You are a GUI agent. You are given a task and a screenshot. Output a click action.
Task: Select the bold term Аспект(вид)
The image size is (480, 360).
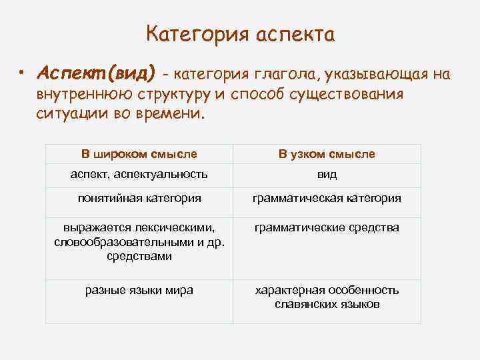click(x=97, y=71)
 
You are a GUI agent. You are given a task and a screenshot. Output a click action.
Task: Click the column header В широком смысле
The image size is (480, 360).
click(x=139, y=154)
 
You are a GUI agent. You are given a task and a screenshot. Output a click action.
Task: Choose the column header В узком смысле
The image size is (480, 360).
click(x=327, y=154)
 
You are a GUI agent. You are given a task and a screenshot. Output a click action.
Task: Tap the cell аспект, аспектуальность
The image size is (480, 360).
click(x=139, y=175)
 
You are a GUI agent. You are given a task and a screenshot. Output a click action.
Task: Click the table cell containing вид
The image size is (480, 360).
click(x=327, y=175)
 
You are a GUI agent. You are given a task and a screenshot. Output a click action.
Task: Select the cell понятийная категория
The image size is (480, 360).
click(x=139, y=198)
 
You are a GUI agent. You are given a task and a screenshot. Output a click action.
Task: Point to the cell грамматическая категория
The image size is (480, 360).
click(x=327, y=198)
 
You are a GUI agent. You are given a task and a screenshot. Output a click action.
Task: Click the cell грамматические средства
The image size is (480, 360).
click(x=327, y=228)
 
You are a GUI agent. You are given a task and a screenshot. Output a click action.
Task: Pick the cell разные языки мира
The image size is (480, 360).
click(x=139, y=290)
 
